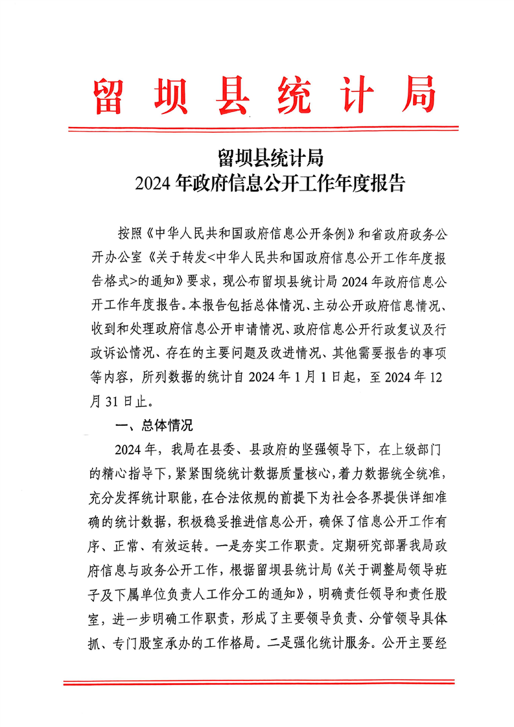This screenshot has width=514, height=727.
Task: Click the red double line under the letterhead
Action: tap(257, 130)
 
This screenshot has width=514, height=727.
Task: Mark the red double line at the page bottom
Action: tap(257, 682)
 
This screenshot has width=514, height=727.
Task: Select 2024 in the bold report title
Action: tap(154, 184)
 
